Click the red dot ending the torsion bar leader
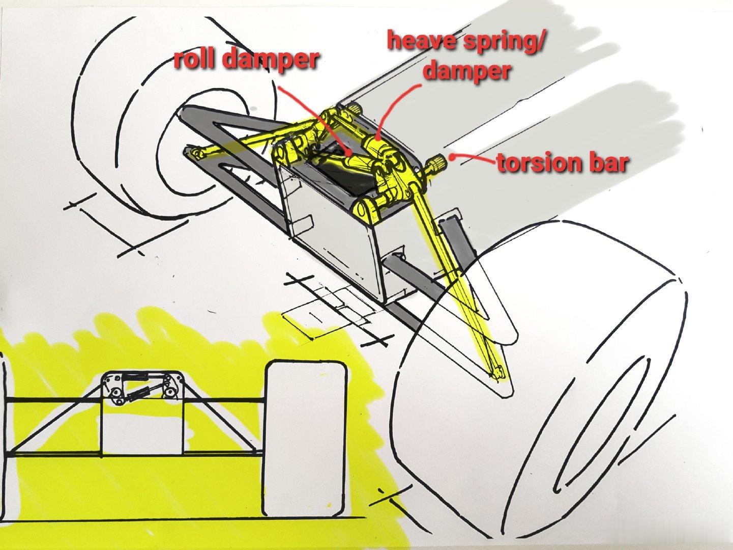point(452,156)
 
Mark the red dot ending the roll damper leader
point(349,154)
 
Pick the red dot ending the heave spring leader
point(377,137)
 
